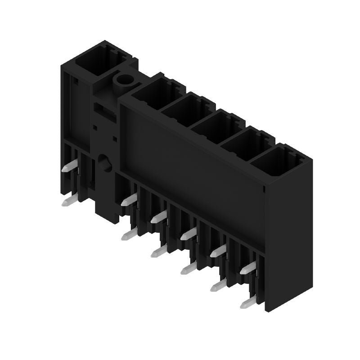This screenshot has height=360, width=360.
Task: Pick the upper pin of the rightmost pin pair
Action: [x=247, y=269]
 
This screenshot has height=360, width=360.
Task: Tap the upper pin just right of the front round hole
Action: [x=129, y=200]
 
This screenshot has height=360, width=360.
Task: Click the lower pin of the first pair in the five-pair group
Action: [x=129, y=234]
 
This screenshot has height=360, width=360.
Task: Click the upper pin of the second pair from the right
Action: [x=218, y=251]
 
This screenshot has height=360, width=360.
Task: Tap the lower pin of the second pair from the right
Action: [x=218, y=286]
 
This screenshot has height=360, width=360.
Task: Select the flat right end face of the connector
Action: [x=288, y=234]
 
